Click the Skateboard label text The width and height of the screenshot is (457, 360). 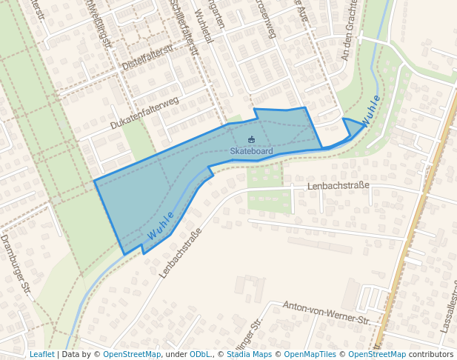pyautogui.click(x=251, y=151)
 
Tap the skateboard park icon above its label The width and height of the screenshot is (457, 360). pyautogui.click(x=251, y=139)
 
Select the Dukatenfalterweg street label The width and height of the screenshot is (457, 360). pyautogui.click(x=144, y=113)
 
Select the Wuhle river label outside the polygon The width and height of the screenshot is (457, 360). pyautogui.click(x=371, y=110)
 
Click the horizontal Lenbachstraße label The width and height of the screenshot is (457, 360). pyautogui.click(x=338, y=185)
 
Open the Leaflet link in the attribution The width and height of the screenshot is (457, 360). pyautogui.click(x=41, y=354)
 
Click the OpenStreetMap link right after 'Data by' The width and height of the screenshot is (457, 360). pyautogui.click(x=131, y=354)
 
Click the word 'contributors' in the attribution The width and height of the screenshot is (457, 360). pyautogui.click(x=430, y=354)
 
